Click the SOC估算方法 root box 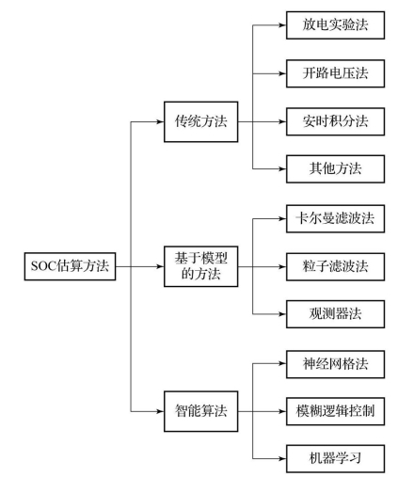pyautogui.click(x=70, y=266)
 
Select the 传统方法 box pyautogui.click(x=200, y=121)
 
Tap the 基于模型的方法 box pyautogui.click(x=200, y=266)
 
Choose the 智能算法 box pyautogui.click(x=200, y=411)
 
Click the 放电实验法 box pyautogui.click(x=335, y=25)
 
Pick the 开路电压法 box pyautogui.click(x=335, y=73)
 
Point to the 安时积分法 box pyautogui.click(x=335, y=121)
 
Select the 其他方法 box pyautogui.click(x=335, y=168)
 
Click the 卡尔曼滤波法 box pyautogui.click(x=335, y=218)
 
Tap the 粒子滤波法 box pyautogui.click(x=335, y=267)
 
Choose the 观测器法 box pyautogui.click(x=335, y=314)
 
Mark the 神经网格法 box pyautogui.click(x=335, y=364)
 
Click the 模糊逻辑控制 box pyautogui.click(x=335, y=411)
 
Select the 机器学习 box pyautogui.click(x=335, y=458)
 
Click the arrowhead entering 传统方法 pyautogui.click(x=160, y=121)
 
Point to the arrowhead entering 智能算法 pyautogui.click(x=160, y=411)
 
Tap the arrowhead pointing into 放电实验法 pyautogui.click(x=282, y=25)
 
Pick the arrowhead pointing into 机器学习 pyautogui.click(x=282, y=458)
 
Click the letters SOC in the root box pyautogui.click(x=43, y=266)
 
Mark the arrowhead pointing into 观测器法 pyautogui.click(x=282, y=314)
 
